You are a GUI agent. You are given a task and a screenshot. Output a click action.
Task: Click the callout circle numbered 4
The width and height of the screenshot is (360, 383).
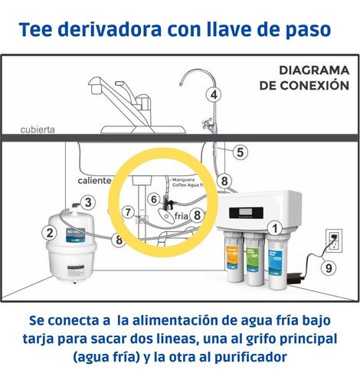coord(214,95)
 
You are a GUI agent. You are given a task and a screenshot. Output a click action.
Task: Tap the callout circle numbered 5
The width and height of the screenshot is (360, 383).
coord(240,152)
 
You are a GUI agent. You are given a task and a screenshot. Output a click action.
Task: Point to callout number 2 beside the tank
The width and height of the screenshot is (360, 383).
coord(51,234)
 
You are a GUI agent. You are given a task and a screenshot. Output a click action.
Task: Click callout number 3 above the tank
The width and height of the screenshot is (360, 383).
coord(89,202)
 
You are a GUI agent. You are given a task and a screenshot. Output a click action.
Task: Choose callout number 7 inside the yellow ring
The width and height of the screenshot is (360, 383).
coord(129,211)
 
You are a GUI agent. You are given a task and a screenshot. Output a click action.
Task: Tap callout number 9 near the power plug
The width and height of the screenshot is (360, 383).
coord(328,268)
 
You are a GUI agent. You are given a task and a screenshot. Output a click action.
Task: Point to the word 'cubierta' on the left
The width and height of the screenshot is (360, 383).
coord(38,129)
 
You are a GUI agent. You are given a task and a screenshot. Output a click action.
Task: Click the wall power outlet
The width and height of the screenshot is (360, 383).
coord(334,240)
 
